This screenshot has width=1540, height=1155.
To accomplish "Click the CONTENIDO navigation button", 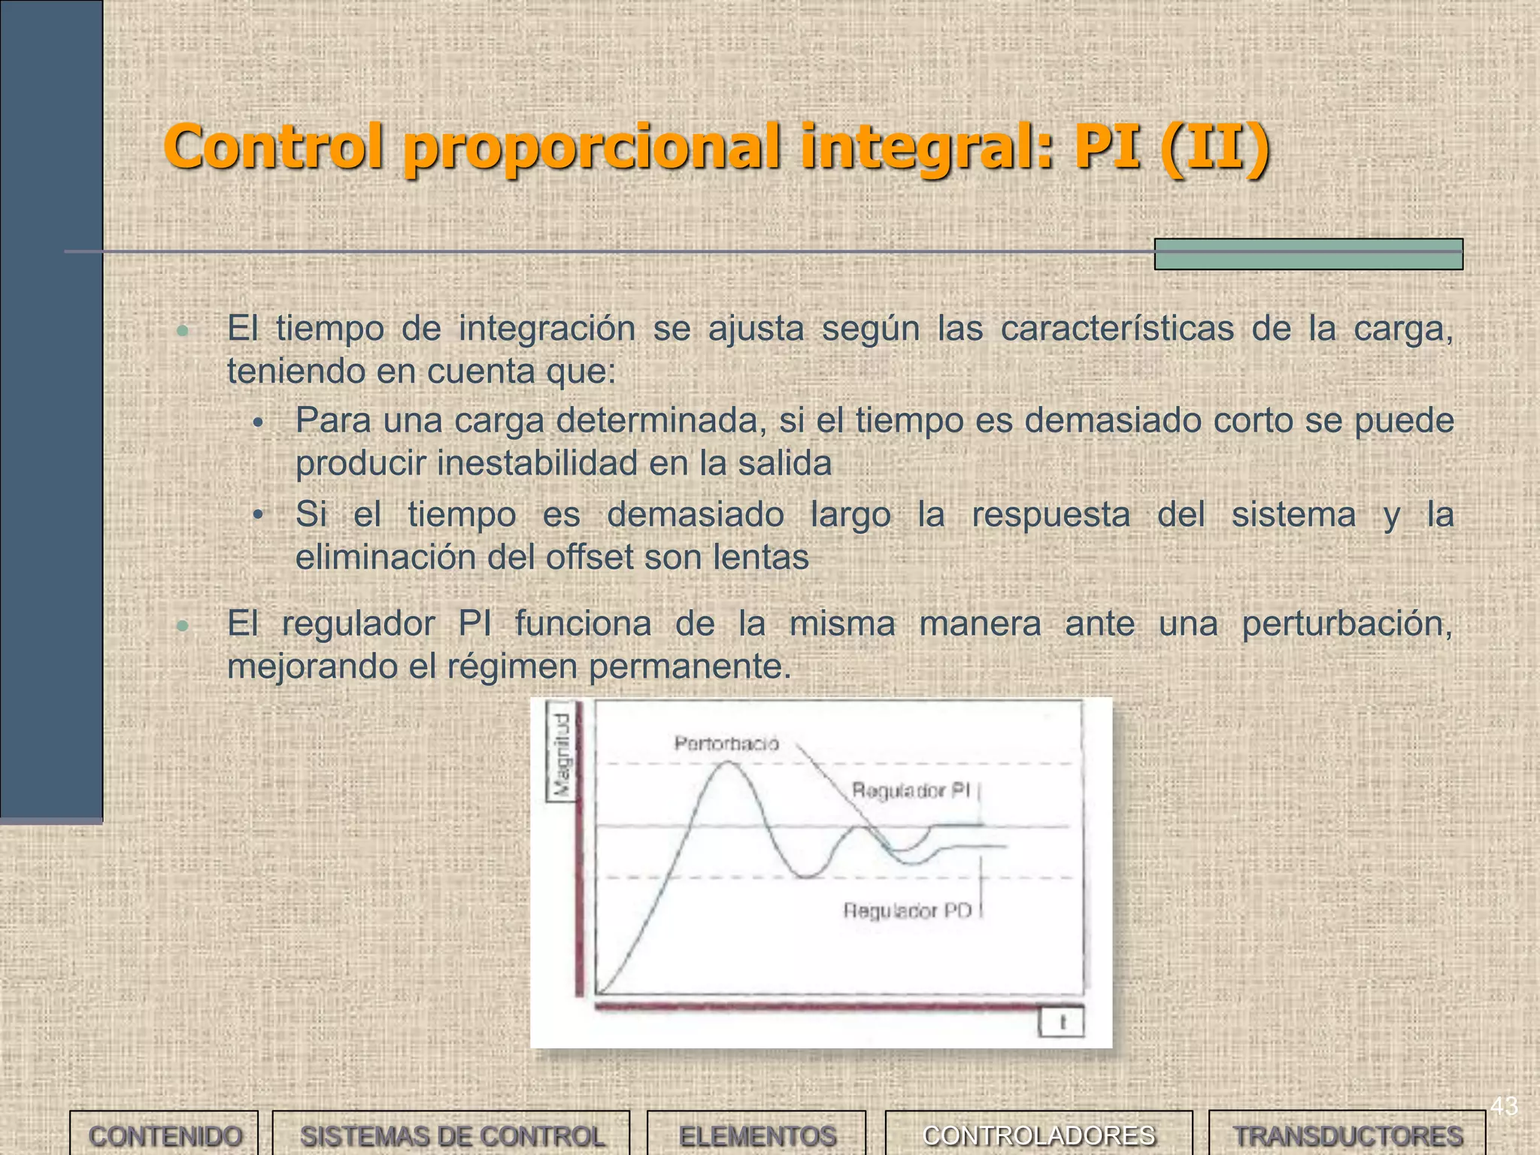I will (x=165, y=1135).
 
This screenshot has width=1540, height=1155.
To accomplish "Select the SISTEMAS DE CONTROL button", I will (x=451, y=1135).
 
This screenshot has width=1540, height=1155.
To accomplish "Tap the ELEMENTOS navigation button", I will (x=757, y=1135).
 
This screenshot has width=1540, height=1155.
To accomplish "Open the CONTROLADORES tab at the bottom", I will (x=1038, y=1135).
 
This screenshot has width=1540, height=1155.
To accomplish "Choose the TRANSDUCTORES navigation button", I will (x=1347, y=1135).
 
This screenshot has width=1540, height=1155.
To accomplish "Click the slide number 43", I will (x=1504, y=1106).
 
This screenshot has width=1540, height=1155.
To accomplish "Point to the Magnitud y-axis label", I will (x=562, y=754).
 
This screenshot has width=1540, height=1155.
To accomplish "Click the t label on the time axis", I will (x=1062, y=1023).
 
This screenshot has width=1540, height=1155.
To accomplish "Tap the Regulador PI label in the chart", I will (x=911, y=790).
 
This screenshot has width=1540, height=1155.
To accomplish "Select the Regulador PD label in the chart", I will (x=907, y=911).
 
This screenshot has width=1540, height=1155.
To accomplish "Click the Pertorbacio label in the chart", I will (x=726, y=744).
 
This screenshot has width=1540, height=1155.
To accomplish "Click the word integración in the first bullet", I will (x=547, y=329).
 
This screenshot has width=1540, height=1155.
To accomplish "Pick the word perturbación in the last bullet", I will (x=1347, y=624).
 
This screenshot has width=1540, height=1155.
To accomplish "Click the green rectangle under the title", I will (x=1308, y=254).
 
